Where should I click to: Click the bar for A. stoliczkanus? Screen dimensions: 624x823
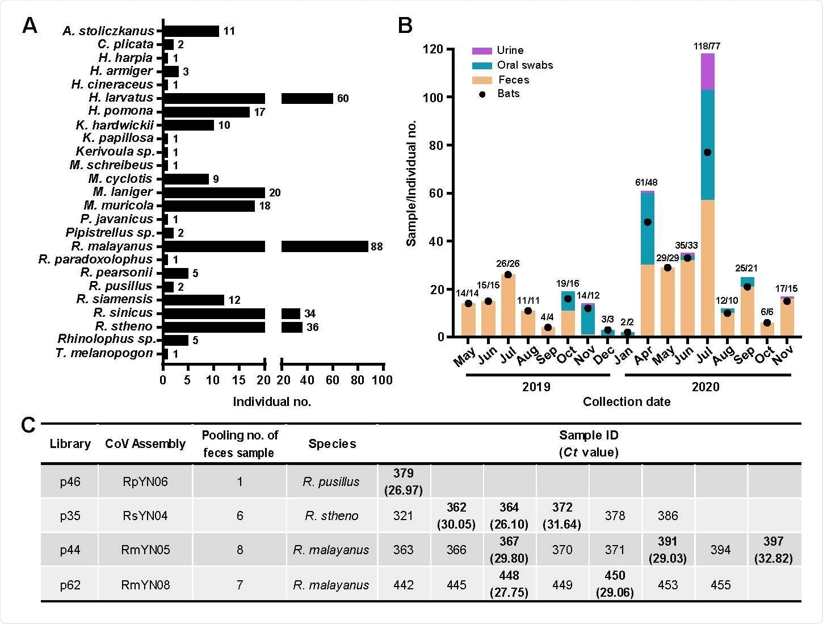(x=191, y=31)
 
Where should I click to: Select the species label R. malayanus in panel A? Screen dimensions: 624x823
(x=112, y=246)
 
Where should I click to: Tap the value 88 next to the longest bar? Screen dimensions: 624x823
(x=377, y=247)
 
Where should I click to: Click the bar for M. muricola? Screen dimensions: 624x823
(x=209, y=206)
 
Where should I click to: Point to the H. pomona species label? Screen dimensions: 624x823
(x=120, y=111)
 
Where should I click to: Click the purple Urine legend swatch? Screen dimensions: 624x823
(x=481, y=51)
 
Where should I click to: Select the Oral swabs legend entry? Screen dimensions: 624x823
(x=524, y=65)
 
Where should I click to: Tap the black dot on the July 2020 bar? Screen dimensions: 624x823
(x=707, y=152)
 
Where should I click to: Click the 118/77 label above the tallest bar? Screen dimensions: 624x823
(x=707, y=46)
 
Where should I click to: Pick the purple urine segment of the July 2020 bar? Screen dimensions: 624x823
(x=707, y=72)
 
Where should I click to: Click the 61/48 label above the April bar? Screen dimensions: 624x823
(x=646, y=182)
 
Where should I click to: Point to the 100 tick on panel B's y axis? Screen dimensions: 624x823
(x=433, y=97)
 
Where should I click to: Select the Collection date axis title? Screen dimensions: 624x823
(x=626, y=402)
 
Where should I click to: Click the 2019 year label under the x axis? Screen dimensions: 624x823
(x=536, y=387)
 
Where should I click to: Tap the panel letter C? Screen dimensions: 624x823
(x=28, y=425)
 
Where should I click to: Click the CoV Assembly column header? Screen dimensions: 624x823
(x=145, y=444)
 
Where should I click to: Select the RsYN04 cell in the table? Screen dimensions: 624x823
(x=145, y=516)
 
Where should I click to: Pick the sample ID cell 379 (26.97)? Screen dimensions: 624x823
(x=403, y=481)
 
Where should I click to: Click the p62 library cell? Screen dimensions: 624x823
(x=70, y=585)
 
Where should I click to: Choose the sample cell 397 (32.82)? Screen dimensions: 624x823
(x=773, y=550)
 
